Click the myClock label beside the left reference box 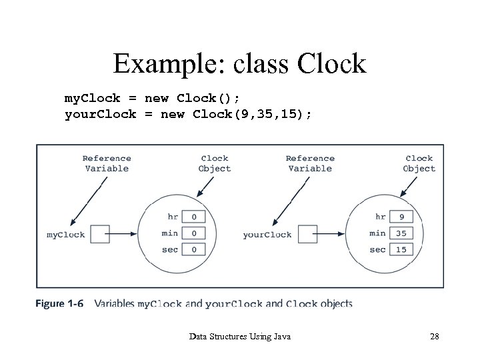point(65,235)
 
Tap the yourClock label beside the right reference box point(267,235)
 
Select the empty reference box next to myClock point(99,234)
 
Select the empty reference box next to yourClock point(307,234)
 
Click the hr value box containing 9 point(401,217)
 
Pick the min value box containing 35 point(401,233)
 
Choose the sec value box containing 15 point(401,249)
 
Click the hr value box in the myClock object point(193,217)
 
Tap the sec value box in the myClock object point(193,249)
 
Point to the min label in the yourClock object point(377,233)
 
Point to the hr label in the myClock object point(173,217)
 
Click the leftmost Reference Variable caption point(107,163)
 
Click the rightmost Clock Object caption point(419,163)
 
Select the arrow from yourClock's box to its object point(331,234)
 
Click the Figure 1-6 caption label point(59,304)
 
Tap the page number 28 point(434,337)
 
